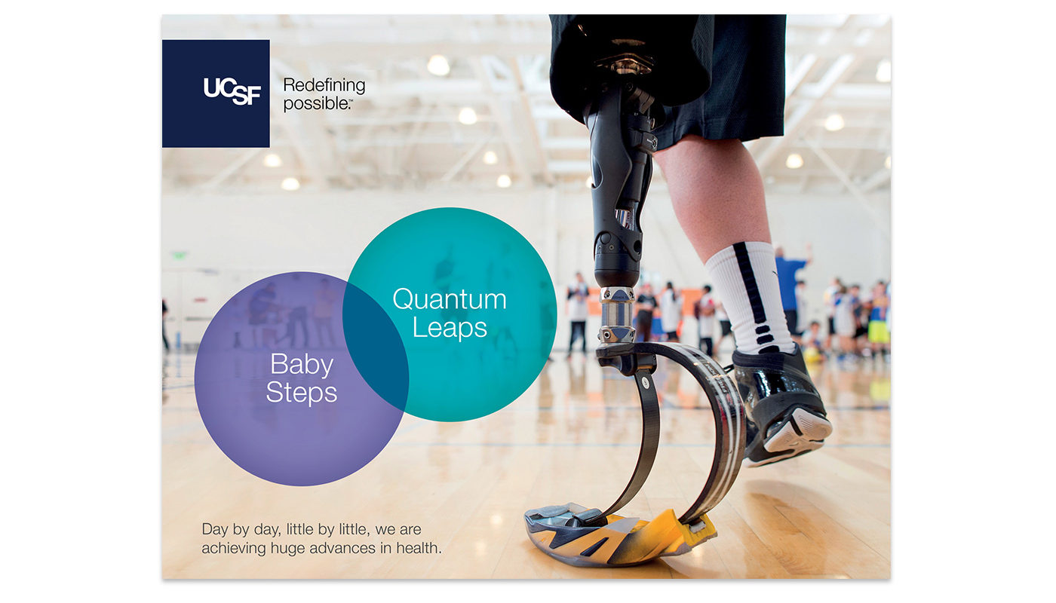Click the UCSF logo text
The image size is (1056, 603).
tap(232, 91)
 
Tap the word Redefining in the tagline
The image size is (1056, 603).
tap(324, 85)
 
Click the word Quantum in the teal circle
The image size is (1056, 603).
tap(450, 300)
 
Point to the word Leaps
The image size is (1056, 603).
tap(450, 328)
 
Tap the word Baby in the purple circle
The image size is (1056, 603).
tap(302, 365)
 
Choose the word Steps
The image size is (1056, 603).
tap(302, 393)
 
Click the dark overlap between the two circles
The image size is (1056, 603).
tap(376, 346)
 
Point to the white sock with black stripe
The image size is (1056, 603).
tap(750, 297)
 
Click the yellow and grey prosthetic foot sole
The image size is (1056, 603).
tap(620, 534)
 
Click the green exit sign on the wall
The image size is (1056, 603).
tap(179, 256)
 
